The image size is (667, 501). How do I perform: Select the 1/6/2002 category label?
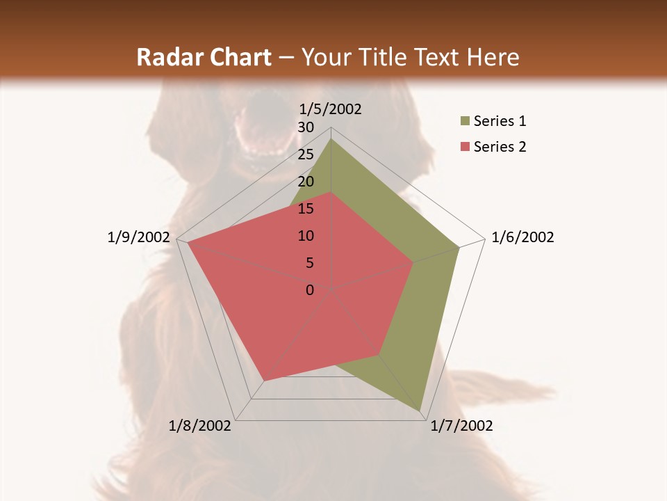pyautogui.click(x=522, y=237)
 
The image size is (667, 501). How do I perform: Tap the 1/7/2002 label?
pyautogui.click(x=461, y=426)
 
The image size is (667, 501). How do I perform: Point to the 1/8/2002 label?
pyautogui.click(x=200, y=426)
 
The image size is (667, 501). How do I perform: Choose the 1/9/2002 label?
pyautogui.click(x=139, y=237)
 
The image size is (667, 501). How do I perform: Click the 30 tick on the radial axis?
pyautogui.click(x=306, y=127)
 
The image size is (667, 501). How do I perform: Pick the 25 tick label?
pyautogui.click(x=306, y=154)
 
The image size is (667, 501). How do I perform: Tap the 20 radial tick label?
pyautogui.click(x=306, y=182)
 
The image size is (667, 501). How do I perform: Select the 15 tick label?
pyautogui.click(x=306, y=209)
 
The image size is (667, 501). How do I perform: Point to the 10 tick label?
pyautogui.click(x=306, y=236)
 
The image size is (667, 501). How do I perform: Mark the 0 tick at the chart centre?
pyautogui.click(x=310, y=290)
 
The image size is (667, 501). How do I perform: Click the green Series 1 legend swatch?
pyautogui.click(x=465, y=122)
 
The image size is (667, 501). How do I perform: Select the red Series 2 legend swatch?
pyautogui.click(x=465, y=147)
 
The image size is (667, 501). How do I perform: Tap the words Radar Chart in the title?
pyautogui.click(x=204, y=58)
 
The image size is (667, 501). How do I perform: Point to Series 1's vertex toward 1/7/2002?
pyautogui.click(x=420, y=411)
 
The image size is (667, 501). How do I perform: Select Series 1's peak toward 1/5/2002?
pyautogui.click(x=331, y=139)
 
